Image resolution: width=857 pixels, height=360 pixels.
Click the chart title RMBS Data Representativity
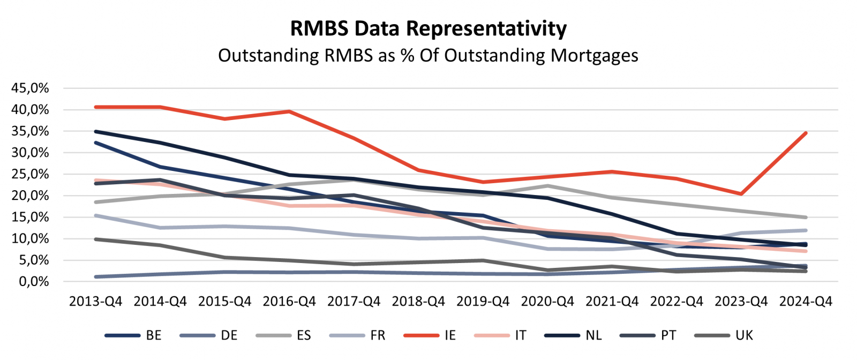point(428,28)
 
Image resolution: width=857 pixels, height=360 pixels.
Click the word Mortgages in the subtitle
point(595,55)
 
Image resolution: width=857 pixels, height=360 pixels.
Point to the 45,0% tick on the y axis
point(30,88)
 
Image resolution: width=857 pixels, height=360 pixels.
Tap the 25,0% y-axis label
point(30,174)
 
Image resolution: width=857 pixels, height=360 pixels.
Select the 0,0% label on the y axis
point(33,282)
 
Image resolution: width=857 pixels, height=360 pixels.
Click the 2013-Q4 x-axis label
point(95,302)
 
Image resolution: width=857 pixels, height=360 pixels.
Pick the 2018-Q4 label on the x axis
point(418,302)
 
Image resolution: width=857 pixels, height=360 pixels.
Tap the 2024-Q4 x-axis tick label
point(806,302)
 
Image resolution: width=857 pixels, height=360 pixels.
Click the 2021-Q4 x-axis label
point(612,302)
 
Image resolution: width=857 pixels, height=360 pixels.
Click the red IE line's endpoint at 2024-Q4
point(806,133)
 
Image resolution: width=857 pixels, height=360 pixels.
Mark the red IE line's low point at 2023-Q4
point(741,194)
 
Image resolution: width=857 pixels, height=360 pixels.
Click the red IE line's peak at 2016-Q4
point(289,111)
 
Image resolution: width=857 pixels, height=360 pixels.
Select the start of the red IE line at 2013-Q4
point(95,107)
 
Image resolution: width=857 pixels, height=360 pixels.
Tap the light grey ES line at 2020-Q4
point(547,186)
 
